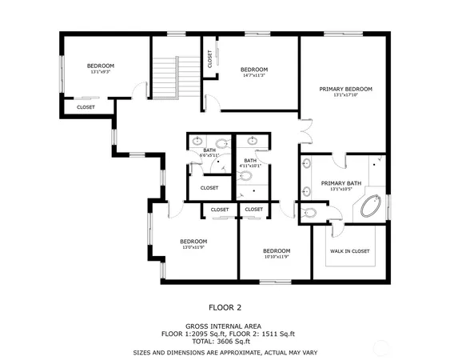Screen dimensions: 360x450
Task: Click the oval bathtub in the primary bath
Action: coord(369,210)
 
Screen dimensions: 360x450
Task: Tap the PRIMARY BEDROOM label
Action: coord(345,89)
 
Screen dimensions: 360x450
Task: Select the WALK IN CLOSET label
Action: coord(350,251)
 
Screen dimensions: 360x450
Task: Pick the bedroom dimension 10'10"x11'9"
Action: coord(277,257)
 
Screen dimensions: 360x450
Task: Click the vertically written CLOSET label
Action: coord(209,58)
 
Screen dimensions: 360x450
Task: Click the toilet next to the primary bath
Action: coord(310,213)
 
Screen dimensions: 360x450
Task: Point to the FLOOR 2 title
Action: coord(225,307)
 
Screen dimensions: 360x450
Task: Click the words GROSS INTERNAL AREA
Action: coord(225,326)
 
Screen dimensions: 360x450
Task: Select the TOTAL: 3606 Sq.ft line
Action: coord(225,342)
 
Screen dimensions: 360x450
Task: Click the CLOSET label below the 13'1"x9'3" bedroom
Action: coord(86,107)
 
